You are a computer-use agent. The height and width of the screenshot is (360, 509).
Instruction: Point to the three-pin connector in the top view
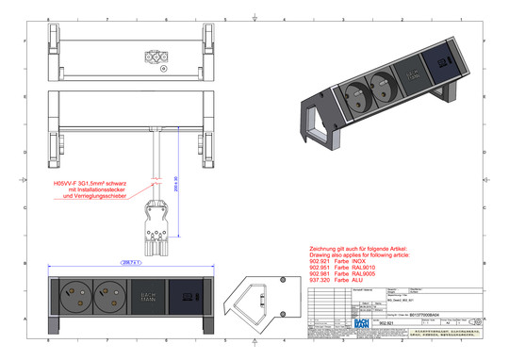154,57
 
